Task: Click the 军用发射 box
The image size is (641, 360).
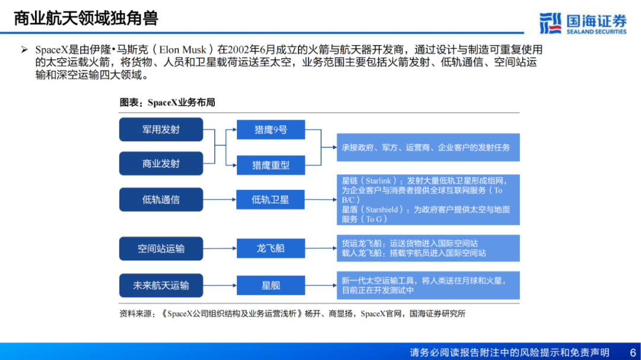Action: tap(161, 129)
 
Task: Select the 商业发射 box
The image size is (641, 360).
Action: tap(161, 163)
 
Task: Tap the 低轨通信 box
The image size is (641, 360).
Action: tap(161, 200)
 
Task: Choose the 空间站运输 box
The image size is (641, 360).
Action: tap(161, 249)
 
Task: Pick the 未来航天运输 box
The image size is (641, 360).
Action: tap(161, 285)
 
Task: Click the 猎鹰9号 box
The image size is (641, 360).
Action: tap(271, 130)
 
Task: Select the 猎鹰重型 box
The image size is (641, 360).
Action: tap(271, 165)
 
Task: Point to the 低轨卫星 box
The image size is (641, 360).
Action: tap(271, 200)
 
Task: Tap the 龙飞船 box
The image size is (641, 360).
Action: tap(271, 249)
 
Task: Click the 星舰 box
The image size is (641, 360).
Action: tap(271, 285)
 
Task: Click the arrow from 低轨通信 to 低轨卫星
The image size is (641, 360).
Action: tap(220, 200)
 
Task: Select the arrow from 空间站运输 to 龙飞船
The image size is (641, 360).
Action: tap(220, 249)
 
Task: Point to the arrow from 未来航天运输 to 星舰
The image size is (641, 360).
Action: tap(220, 285)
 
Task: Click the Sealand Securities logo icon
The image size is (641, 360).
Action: tap(550, 23)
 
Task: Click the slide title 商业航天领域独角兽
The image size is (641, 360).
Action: tap(86, 18)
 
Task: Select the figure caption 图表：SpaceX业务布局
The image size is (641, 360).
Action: tap(167, 103)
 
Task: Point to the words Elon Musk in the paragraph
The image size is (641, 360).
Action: tap(182, 50)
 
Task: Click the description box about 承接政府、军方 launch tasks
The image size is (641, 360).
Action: tap(426, 147)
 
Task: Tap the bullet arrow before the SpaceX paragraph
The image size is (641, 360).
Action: tap(24, 50)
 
